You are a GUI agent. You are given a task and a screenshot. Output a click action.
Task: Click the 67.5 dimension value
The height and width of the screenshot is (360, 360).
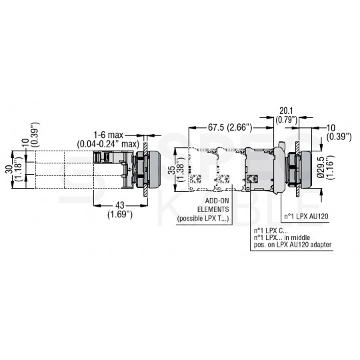215,127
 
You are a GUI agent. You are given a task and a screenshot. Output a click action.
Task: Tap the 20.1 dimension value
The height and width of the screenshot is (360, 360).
286,111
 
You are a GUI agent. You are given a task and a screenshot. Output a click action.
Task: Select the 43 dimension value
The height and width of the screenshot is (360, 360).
120,205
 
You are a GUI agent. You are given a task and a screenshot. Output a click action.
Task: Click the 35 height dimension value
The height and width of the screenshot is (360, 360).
172,170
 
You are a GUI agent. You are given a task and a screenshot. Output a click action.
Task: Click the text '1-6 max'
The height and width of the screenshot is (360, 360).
109,135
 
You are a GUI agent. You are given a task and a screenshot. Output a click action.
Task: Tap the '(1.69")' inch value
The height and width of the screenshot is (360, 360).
120,215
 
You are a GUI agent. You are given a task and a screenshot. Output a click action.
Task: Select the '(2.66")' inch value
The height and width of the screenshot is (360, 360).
239,127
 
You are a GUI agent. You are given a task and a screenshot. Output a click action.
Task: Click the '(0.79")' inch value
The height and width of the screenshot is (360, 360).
287,120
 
